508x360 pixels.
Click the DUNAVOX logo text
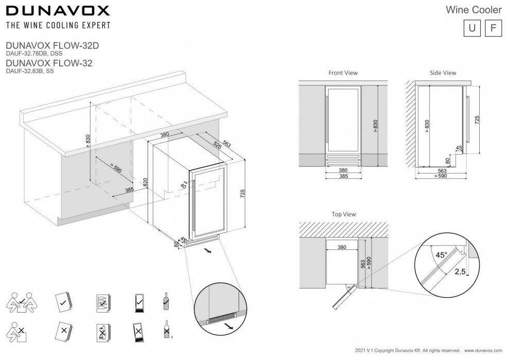point(57,10)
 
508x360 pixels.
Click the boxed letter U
point(471,28)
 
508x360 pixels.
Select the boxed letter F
point(493,28)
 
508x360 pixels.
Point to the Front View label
point(343,73)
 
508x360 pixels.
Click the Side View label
point(443,73)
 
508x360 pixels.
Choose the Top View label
point(344,214)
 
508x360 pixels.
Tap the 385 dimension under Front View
point(343,176)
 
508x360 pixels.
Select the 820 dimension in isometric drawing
point(146,182)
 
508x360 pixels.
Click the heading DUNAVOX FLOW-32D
point(51,45)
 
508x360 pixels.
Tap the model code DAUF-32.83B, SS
point(29,71)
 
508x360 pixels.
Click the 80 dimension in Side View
point(447,160)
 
